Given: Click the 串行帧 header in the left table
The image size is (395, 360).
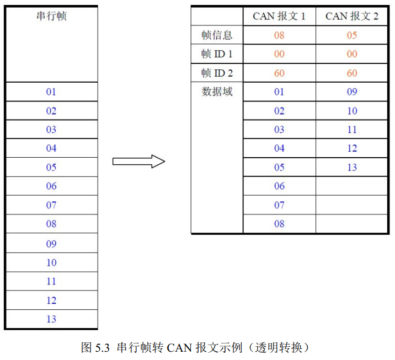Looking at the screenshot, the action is click(52, 16).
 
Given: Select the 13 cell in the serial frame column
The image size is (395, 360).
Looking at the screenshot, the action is click(51, 319).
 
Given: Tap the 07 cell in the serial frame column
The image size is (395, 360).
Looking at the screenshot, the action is click(51, 205).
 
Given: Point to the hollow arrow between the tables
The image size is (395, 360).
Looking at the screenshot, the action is click(138, 162).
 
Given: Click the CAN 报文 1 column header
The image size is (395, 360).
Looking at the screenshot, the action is click(279, 17).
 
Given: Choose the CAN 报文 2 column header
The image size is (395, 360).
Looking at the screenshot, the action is click(351, 17).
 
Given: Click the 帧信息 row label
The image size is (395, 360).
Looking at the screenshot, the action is click(217, 35).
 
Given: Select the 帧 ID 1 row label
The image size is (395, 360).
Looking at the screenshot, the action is click(217, 54).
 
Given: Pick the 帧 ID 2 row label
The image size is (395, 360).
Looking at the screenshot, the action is click(217, 73).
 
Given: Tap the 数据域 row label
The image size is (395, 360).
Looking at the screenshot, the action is click(217, 92).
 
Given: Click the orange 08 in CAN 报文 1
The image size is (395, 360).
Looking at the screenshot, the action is click(279, 35).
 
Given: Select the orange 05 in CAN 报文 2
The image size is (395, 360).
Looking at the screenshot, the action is click(351, 35).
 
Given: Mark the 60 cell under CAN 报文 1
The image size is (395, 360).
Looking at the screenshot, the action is click(279, 73).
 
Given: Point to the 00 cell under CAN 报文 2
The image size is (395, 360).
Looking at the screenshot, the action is click(351, 54).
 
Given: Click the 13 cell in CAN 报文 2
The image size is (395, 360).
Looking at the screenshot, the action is click(352, 167).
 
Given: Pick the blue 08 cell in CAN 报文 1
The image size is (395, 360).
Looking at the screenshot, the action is click(279, 223).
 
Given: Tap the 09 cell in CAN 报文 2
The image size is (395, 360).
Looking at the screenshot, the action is click(351, 92).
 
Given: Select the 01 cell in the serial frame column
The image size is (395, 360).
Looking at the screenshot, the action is click(51, 92).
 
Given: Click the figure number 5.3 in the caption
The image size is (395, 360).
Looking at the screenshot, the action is click(102, 348).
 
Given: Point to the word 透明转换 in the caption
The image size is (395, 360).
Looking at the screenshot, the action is click(279, 348).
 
